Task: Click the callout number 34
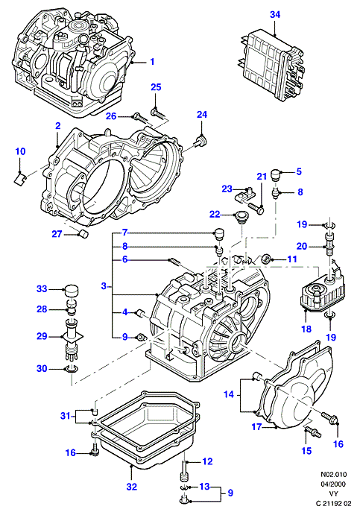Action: [x=275, y=15]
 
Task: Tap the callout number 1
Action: [x=152, y=62]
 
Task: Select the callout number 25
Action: [x=156, y=87]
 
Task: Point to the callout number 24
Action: [x=202, y=115]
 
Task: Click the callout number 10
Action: [x=20, y=151]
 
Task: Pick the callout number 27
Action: [x=57, y=234]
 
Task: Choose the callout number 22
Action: [x=215, y=215]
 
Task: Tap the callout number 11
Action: [x=291, y=259]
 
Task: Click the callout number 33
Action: [x=42, y=288]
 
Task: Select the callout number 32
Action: [x=131, y=487]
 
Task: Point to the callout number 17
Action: [x=256, y=426]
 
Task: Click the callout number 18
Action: [x=306, y=329]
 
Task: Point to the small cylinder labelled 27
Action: [x=85, y=235]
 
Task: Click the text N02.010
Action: [x=333, y=474]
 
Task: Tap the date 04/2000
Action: [x=333, y=484]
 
